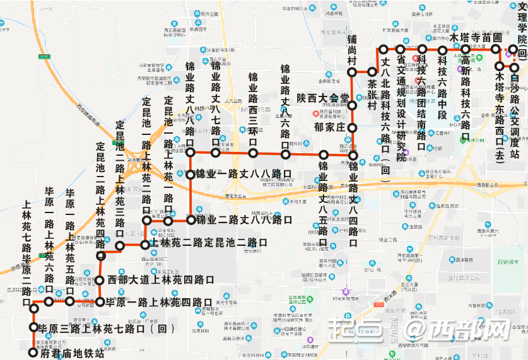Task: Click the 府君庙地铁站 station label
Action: tap(71, 354)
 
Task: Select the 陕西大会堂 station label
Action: tap(323, 98)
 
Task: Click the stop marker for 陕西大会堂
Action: tap(353, 98)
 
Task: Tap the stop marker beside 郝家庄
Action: tap(353, 128)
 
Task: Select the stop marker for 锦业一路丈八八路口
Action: tap(191, 175)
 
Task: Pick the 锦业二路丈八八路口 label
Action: tap(243, 220)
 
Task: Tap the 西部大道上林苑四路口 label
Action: tap(160, 279)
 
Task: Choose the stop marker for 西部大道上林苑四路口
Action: tap(100, 279)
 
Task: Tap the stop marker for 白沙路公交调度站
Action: tap(515, 67)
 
